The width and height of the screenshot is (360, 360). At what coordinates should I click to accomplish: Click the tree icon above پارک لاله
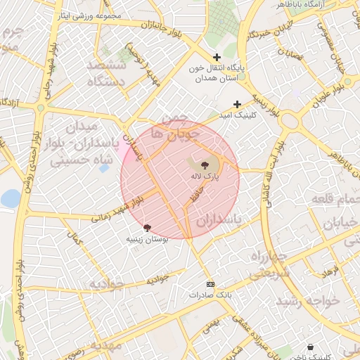pyautogui.click(x=195, y=165)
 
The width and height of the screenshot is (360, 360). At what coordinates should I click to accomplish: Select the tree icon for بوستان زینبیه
pyautogui.click(x=147, y=228)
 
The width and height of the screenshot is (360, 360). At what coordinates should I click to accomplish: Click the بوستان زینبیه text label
pyautogui.click(x=146, y=240)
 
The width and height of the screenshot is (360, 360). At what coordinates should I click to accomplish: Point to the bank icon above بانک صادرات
pyautogui.click(x=210, y=284)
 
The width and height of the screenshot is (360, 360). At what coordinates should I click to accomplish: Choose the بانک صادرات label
pyautogui.click(x=210, y=295)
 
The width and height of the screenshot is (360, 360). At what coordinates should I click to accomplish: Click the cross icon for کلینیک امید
pyautogui.click(x=238, y=104)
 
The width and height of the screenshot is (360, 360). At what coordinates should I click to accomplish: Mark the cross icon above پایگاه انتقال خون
pyautogui.click(x=217, y=57)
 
